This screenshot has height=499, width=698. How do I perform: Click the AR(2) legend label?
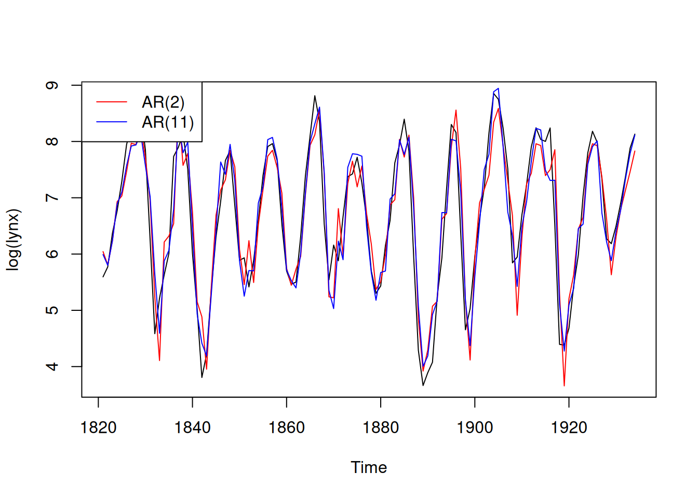click(x=163, y=102)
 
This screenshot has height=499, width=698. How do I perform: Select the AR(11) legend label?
click(x=168, y=122)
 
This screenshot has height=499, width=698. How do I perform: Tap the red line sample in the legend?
click(x=112, y=102)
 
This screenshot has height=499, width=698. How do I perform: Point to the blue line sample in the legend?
click(x=112, y=122)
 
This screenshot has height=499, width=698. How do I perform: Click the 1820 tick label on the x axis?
click(x=98, y=428)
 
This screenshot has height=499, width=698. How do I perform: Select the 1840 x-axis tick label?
click(x=192, y=428)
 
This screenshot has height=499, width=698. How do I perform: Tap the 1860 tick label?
click(x=286, y=428)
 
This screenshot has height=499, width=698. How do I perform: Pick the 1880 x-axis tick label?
click(x=381, y=428)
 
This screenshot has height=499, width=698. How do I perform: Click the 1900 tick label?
click(x=475, y=428)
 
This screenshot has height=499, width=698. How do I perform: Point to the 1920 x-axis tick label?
click(x=569, y=428)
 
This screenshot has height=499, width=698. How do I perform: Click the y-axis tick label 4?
click(x=52, y=366)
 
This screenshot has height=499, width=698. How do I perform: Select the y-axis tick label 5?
click(x=52, y=310)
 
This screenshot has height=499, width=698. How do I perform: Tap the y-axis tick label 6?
click(x=52, y=254)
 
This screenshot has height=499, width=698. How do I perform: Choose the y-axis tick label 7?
click(x=52, y=198)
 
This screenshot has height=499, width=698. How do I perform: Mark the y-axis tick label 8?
click(x=52, y=141)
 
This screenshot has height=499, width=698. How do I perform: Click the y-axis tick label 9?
click(x=52, y=85)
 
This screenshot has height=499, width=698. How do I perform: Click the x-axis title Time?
click(x=369, y=467)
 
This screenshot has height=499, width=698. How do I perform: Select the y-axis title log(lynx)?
click(x=14, y=240)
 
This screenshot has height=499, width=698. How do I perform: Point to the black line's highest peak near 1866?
click(x=315, y=96)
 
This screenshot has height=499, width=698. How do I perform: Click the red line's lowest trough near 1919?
click(x=564, y=385)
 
